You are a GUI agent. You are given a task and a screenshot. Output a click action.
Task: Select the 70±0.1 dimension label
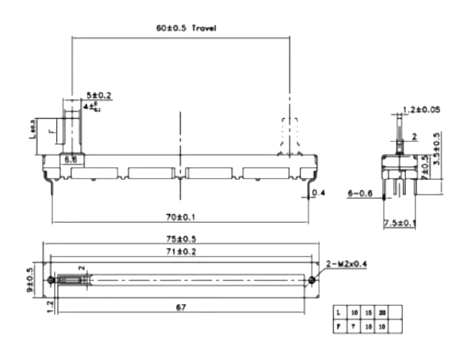click(x=180, y=216)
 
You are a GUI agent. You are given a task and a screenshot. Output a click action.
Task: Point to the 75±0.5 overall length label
click(x=179, y=239)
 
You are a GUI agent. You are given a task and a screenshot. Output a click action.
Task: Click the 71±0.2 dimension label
click(x=179, y=251)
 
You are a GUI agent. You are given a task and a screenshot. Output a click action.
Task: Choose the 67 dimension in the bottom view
click(x=179, y=308)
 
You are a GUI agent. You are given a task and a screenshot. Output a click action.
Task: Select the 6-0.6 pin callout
click(x=360, y=193)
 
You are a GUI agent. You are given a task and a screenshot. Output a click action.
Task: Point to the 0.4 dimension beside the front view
click(x=319, y=193)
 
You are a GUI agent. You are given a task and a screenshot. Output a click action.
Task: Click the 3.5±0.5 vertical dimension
click(x=436, y=162)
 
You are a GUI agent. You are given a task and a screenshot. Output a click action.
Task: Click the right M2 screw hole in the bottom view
click(x=312, y=280)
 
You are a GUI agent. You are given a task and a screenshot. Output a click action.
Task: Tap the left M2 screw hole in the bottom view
click(x=50, y=280)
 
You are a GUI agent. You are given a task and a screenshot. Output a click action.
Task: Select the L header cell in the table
click(x=338, y=312)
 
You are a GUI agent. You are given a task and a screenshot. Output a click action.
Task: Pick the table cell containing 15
click(x=369, y=312)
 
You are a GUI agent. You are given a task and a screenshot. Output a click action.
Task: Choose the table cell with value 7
click(x=354, y=326)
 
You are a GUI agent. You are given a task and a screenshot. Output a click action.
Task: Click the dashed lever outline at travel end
click(x=288, y=135)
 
